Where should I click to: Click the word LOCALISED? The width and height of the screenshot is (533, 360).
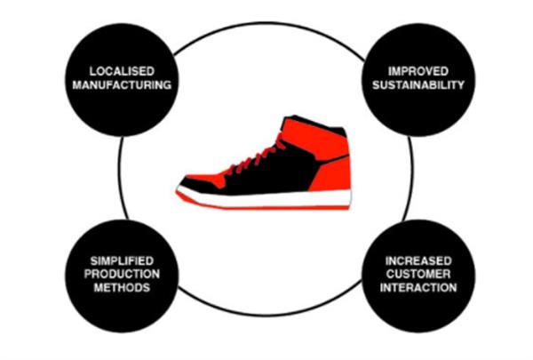click(x=122, y=71)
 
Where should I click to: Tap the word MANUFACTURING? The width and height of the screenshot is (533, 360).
click(x=122, y=84)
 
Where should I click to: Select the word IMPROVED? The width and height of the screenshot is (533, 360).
click(x=418, y=71)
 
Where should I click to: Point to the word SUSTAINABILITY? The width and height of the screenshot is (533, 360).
click(x=418, y=84)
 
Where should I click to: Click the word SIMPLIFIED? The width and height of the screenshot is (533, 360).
click(x=122, y=261)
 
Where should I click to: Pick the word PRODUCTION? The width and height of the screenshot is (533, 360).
click(x=122, y=275)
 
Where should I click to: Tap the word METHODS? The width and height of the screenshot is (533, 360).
click(x=122, y=288)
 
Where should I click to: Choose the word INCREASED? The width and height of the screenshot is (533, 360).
click(x=418, y=261)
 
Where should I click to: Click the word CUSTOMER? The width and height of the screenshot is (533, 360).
click(x=418, y=275)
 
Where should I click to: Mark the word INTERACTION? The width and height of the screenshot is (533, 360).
click(x=418, y=288)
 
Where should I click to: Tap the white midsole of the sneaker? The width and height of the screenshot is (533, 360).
click(x=265, y=199)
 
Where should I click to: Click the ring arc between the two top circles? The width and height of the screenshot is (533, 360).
click(x=267, y=23)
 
